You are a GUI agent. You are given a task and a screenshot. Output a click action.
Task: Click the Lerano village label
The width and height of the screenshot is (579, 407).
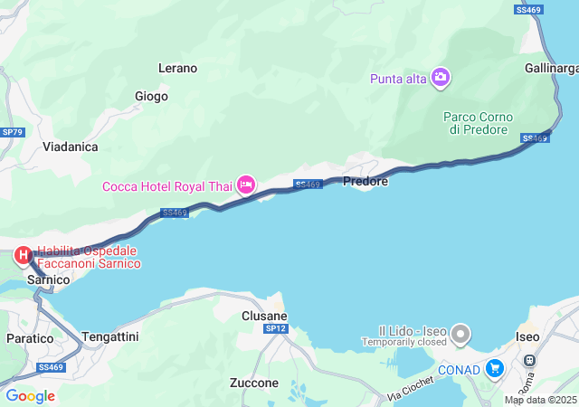[177, 68]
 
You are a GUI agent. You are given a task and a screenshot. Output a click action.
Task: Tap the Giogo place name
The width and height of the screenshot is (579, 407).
[151, 96]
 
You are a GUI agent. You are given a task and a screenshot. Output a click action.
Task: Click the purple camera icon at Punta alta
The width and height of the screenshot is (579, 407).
[441, 78]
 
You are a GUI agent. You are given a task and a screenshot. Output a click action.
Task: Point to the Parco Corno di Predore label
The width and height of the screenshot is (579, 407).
[478, 123]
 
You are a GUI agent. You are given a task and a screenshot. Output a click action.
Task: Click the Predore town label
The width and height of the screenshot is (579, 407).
[365, 181]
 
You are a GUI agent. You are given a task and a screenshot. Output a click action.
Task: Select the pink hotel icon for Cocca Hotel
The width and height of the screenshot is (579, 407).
[245, 185]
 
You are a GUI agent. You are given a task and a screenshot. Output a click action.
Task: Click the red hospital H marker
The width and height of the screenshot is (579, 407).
[21, 256]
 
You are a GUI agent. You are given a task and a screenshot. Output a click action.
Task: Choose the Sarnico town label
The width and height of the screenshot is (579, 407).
[49, 280]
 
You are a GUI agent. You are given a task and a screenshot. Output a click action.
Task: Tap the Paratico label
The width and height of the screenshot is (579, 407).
[29, 336]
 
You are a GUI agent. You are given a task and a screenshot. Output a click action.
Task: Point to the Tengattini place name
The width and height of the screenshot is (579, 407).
[110, 336]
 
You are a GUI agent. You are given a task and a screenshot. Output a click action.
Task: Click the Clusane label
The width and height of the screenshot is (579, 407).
[264, 316]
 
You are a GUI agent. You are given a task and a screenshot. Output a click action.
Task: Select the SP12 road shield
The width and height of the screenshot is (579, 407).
[276, 329]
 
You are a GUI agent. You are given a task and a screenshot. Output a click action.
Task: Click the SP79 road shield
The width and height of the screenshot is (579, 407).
[12, 132]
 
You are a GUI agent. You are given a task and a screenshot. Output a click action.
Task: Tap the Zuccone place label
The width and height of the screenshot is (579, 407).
[254, 383]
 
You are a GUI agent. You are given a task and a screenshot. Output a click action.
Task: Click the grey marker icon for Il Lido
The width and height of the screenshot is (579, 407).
[461, 334]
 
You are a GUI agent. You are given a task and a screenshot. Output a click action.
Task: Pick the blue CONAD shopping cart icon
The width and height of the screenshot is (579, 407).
[494, 368]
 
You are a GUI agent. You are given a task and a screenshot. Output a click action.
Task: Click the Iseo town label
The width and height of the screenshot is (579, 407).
[527, 336]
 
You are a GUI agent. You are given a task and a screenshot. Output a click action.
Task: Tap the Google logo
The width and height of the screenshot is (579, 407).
[30, 396]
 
